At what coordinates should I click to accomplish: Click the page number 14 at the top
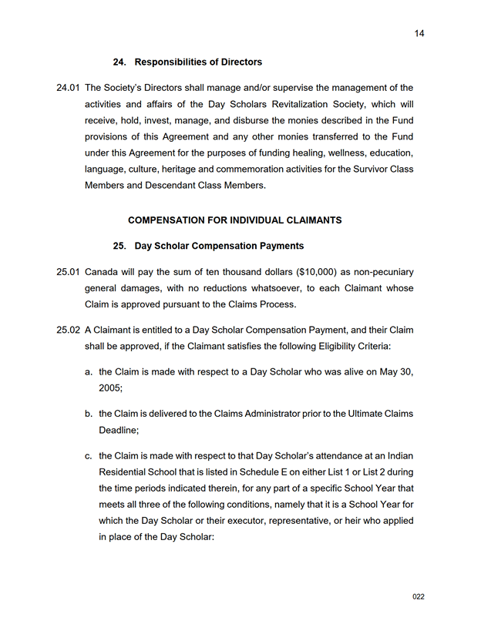click(419, 33)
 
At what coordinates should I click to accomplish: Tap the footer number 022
click(419, 596)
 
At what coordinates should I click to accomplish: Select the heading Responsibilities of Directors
click(198, 62)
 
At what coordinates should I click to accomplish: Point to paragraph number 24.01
click(69, 88)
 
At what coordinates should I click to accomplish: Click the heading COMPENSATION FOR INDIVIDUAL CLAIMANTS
click(234, 220)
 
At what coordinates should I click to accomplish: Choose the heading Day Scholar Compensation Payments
click(219, 246)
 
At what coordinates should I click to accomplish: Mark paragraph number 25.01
click(69, 272)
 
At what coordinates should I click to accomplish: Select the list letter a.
click(89, 372)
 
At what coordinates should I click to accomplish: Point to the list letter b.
click(89, 414)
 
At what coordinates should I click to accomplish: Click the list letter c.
click(89, 455)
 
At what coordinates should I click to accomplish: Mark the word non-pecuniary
click(382, 272)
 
